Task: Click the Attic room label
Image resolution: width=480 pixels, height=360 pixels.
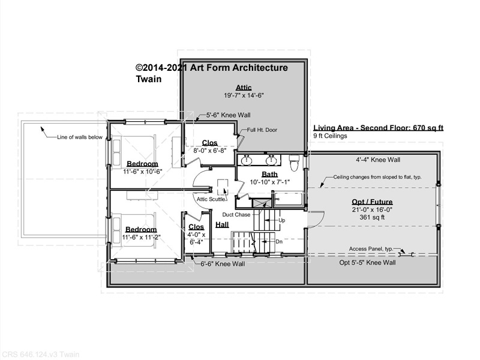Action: pos(244,88)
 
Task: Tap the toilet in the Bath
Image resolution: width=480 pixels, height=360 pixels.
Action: pos(294,163)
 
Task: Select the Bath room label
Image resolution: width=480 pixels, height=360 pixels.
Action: pos(269,174)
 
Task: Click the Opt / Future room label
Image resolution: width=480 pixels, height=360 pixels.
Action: pos(372,202)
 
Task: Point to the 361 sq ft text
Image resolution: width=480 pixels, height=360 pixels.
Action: pos(372,217)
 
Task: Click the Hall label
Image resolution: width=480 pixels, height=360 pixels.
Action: pos(222,224)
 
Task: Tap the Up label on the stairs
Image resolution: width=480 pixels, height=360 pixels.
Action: pos(281,220)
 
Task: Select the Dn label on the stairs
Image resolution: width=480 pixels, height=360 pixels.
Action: pos(279,242)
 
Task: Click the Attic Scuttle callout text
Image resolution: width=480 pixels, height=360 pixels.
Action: pos(211,199)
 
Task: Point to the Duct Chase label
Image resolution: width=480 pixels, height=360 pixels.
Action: pos(236,215)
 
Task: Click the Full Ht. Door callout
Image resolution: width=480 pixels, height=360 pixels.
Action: pos(262,130)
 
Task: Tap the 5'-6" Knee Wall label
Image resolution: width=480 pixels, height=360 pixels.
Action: pos(228,115)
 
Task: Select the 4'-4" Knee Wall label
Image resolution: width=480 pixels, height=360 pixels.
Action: pos(378,160)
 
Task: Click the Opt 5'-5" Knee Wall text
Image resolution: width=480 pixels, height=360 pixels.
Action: pos(367,262)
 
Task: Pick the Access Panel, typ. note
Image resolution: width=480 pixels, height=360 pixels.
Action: pos(371,249)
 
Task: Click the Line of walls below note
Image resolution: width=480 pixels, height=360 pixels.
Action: pos(80,137)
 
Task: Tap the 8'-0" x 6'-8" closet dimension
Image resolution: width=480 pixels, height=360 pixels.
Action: pos(209,151)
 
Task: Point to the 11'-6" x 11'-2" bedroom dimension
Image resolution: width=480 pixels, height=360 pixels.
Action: pos(141,237)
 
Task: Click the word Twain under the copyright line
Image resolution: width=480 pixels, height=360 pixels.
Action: pos(148,79)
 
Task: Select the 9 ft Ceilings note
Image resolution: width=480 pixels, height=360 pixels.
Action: pos(331,136)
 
